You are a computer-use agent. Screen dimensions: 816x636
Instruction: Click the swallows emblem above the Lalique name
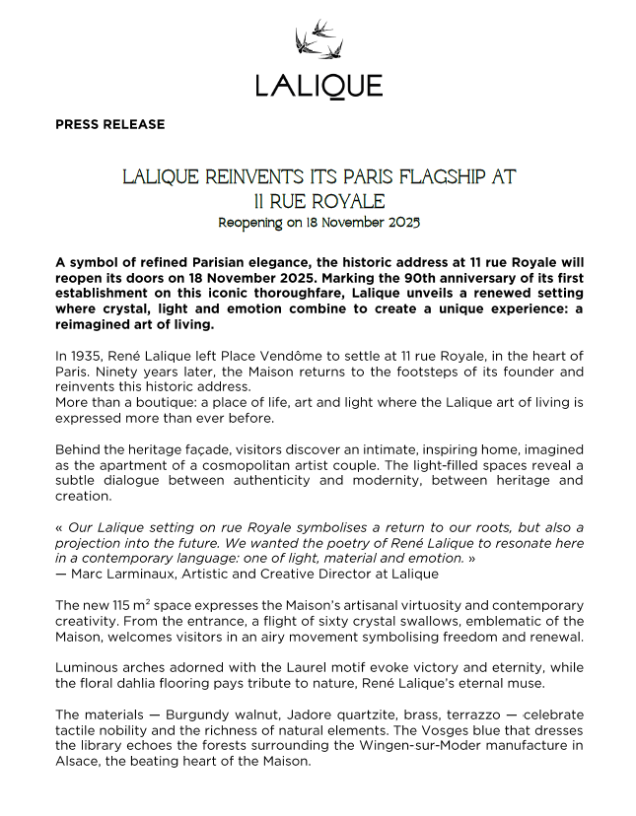click(x=318, y=39)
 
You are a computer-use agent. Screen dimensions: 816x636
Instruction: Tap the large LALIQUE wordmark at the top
click(x=318, y=86)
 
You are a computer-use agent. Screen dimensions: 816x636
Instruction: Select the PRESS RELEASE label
click(x=110, y=125)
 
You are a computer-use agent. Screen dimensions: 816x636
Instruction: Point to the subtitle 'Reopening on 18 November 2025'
click(x=318, y=223)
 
